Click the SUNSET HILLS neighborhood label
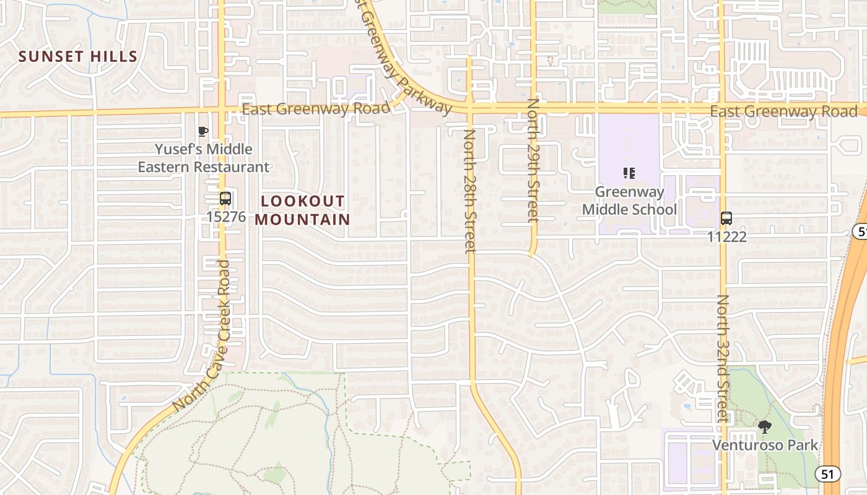78,56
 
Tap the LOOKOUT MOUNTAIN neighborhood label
302,210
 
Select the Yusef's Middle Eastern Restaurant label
204,158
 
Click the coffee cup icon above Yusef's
203,131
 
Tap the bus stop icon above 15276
225,199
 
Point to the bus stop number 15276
226,217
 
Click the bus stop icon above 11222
726,218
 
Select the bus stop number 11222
727,236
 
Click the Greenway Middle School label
629,200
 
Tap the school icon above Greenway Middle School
629,173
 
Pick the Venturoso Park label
765,445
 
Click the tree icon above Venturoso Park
765,426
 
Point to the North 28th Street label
470,191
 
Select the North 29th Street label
533,160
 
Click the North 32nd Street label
723,358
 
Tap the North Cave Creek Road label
202,336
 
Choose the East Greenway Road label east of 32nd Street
783,112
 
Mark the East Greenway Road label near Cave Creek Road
316,109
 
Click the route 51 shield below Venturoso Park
827,474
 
